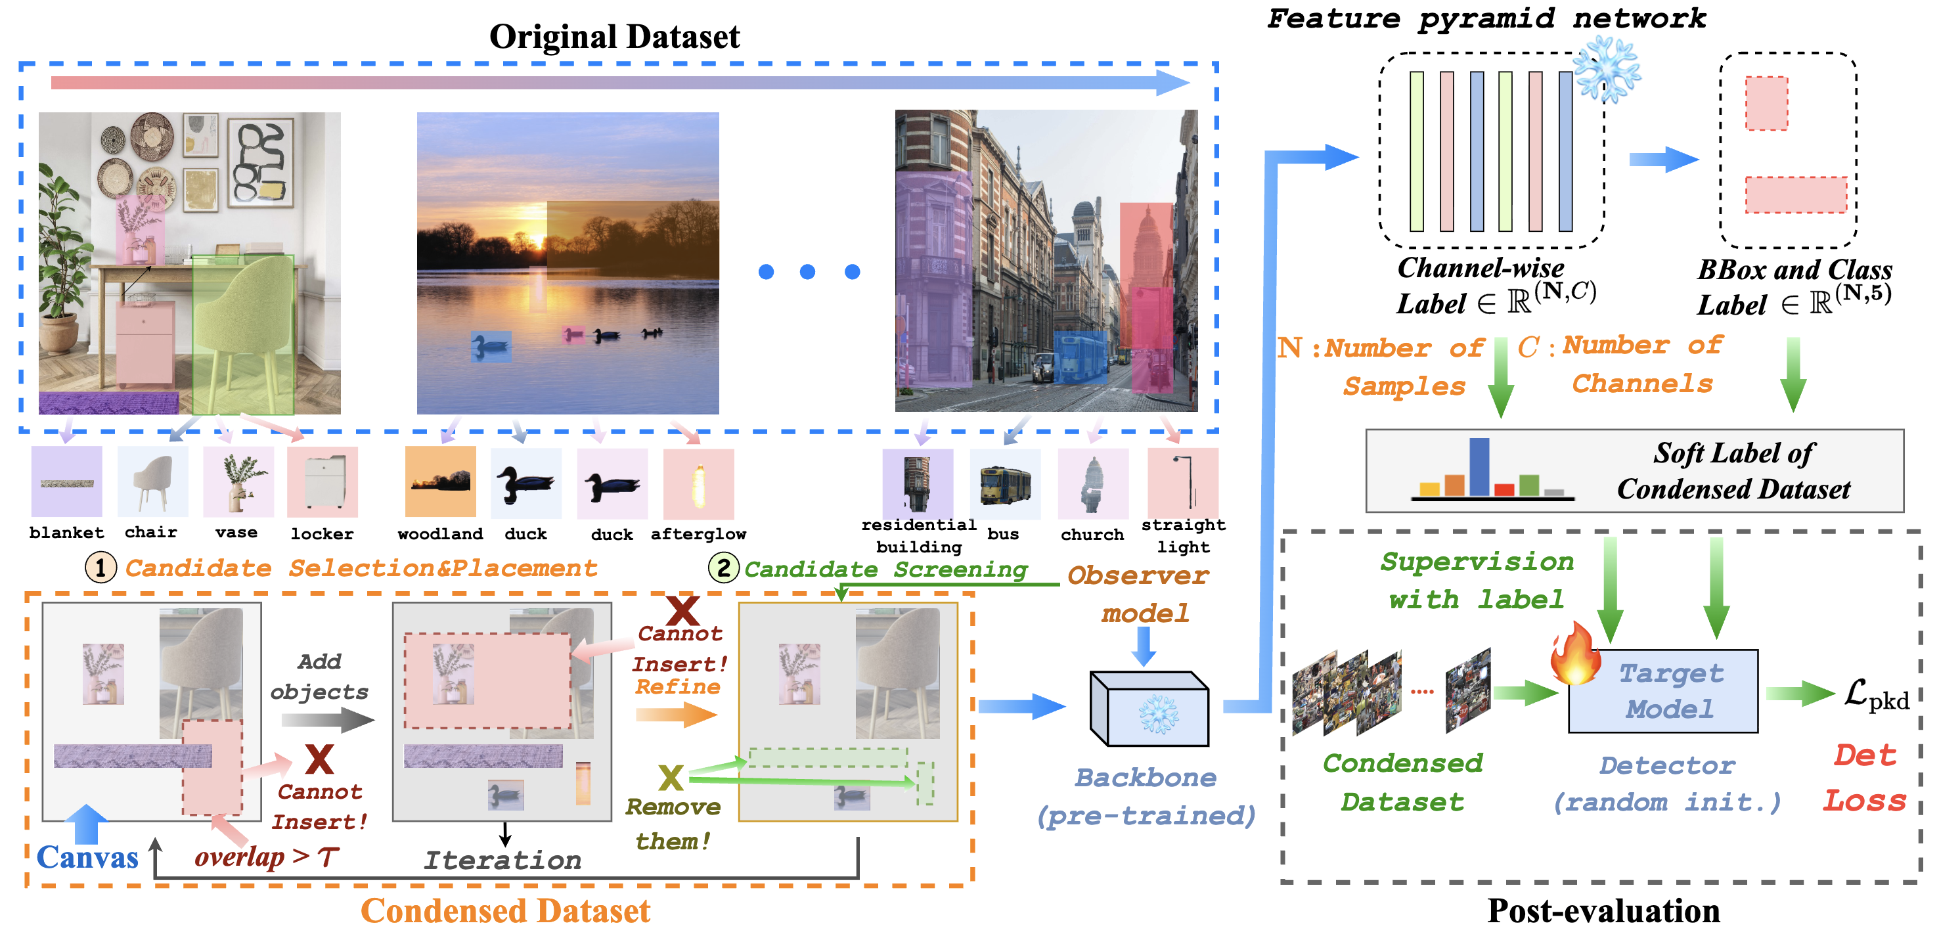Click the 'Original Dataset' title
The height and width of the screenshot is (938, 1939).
coord(614,36)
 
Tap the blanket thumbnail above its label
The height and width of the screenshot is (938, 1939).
coord(66,481)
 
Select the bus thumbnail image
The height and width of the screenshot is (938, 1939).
coord(1005,484)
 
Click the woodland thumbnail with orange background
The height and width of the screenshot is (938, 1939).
coord(440,481)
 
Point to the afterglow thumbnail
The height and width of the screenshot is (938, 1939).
coord(698,484)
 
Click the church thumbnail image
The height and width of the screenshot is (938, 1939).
coord(1093,484)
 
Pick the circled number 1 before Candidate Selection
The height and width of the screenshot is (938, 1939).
coord(100,568)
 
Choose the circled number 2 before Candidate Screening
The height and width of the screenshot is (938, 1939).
coord(723,568)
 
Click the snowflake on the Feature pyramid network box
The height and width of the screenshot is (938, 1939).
coord(1607,69)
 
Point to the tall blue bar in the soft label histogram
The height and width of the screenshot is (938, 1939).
coord(1479,467)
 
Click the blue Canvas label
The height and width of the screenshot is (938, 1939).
coord(87,857)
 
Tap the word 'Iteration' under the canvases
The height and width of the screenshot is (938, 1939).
coord(503,860)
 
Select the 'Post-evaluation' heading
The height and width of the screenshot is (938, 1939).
coord(1603,911)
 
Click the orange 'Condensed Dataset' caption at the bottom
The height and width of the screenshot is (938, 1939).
coord(505,911)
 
